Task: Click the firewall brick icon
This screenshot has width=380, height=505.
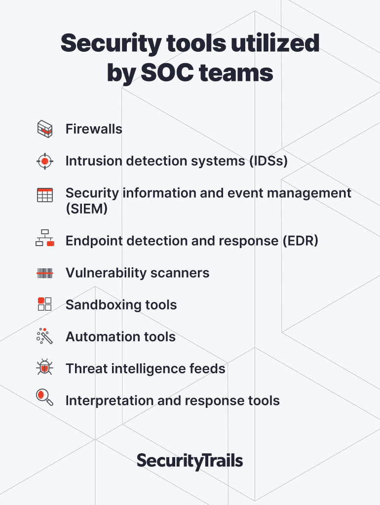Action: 45,129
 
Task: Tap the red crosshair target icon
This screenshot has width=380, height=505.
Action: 45,161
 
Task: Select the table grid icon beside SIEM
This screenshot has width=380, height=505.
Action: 45,195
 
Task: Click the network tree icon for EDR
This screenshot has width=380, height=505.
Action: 45,238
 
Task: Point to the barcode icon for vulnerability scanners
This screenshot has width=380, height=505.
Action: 45,273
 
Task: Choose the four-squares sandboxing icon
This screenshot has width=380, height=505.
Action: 45,304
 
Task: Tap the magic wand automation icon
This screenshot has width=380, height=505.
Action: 44,336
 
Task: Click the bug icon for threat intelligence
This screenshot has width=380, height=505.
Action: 45,367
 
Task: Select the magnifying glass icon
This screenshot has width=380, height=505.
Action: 45,397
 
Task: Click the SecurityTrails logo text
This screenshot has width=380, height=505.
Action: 190,461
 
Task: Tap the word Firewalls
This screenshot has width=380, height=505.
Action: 94,129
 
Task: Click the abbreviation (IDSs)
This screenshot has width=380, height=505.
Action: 268,161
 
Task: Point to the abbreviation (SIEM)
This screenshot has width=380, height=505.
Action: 87,209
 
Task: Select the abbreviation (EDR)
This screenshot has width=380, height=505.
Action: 301,241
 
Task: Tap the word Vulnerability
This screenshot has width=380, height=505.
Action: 106,273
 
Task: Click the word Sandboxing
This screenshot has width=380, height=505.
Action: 103,305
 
